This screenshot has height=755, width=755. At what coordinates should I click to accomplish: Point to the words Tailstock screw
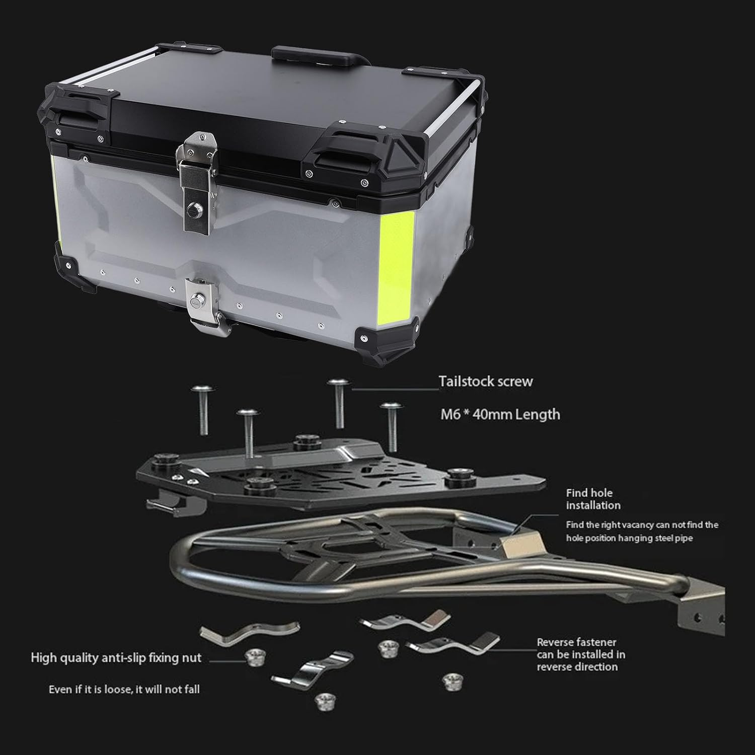click(485, 381)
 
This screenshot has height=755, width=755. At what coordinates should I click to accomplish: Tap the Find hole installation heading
click(593, 499)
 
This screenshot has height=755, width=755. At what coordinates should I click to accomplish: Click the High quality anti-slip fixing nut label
click(116, 658)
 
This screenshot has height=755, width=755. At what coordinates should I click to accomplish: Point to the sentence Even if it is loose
click(124, 689)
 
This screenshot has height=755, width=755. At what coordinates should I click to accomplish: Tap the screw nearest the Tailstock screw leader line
click(337, 403)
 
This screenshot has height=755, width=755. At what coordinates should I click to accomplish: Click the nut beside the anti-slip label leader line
click(255, 657)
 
